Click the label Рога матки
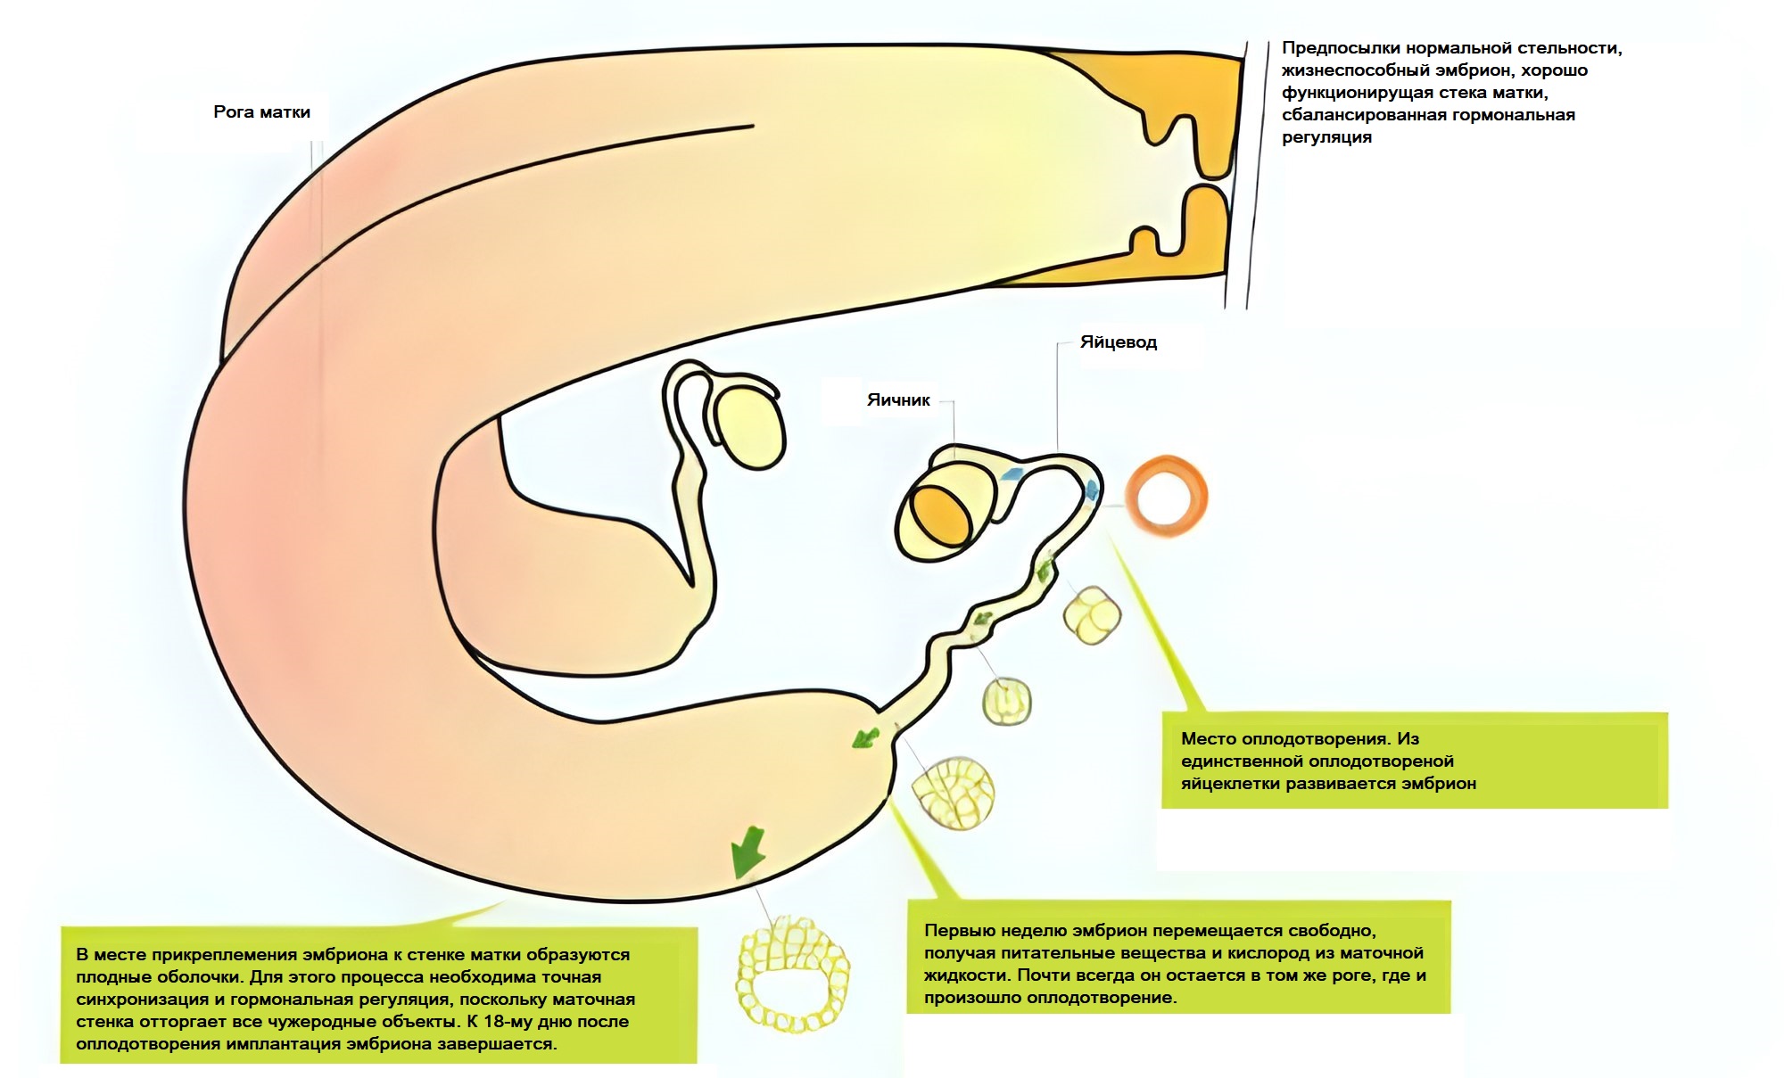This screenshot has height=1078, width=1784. [x=261, y=112]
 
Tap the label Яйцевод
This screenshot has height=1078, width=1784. [x=1118, y=342]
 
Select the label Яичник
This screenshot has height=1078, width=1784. [x=898, y=400]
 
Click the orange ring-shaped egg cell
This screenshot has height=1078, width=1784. [x=1167, y=496]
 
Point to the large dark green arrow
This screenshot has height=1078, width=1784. [x=747, y=852]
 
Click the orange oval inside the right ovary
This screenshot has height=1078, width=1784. [x=941, y=517]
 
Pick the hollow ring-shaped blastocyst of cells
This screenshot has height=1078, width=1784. [x=792, y=972]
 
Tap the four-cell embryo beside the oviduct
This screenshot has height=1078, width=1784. [x=1092, y=614]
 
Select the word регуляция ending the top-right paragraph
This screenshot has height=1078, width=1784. [x=1326, y=137]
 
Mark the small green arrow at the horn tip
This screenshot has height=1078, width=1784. [x=864, y=737]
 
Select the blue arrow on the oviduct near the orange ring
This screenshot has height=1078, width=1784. [x=1091, y=489]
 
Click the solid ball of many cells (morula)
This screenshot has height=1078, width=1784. [x=952, y=792]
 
